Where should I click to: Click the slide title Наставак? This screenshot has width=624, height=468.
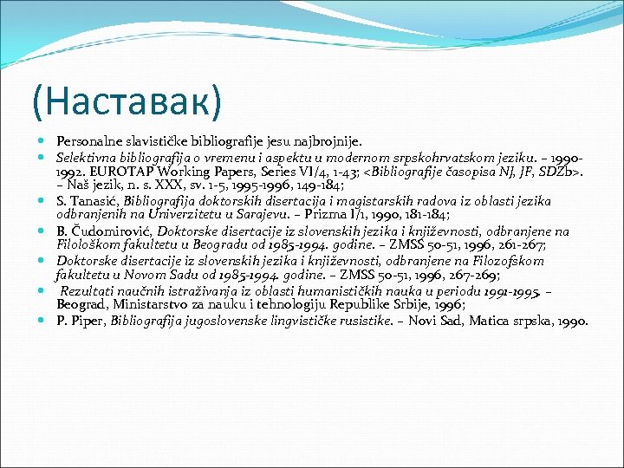coord(127,101)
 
